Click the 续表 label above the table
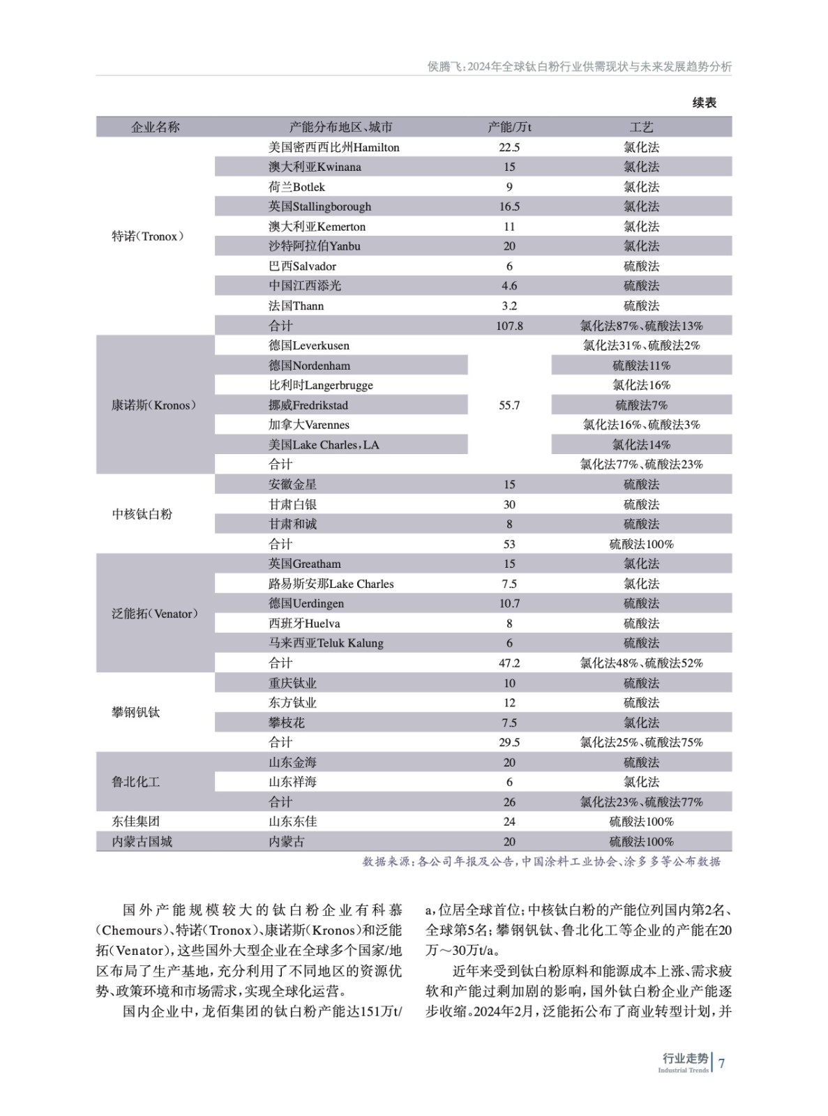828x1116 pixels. [704, 103]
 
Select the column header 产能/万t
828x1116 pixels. [509, 127]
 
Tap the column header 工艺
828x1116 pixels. [641, 127]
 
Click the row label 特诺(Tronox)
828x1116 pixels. [148, 236]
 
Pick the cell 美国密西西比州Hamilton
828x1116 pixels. [333, 147]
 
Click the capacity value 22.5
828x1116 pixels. [509, 147]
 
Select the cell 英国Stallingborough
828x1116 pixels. [319, 206]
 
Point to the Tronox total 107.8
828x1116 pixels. [509, 326]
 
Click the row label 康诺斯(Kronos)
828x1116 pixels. [153, 405]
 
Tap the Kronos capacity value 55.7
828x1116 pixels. [509, 405]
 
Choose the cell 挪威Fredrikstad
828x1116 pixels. [308, 405]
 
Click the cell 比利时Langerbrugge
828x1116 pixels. [320, 385]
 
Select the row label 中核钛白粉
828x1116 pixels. [142, 514]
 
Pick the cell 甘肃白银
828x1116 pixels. [292, 504]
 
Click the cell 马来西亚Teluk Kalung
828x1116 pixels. [326, 643]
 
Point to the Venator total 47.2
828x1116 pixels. [509, 663]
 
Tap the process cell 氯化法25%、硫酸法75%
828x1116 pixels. [641, 743]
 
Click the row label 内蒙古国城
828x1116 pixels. [142, 842]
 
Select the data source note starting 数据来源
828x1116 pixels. [541, 862]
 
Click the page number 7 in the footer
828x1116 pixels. [722, 1064]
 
